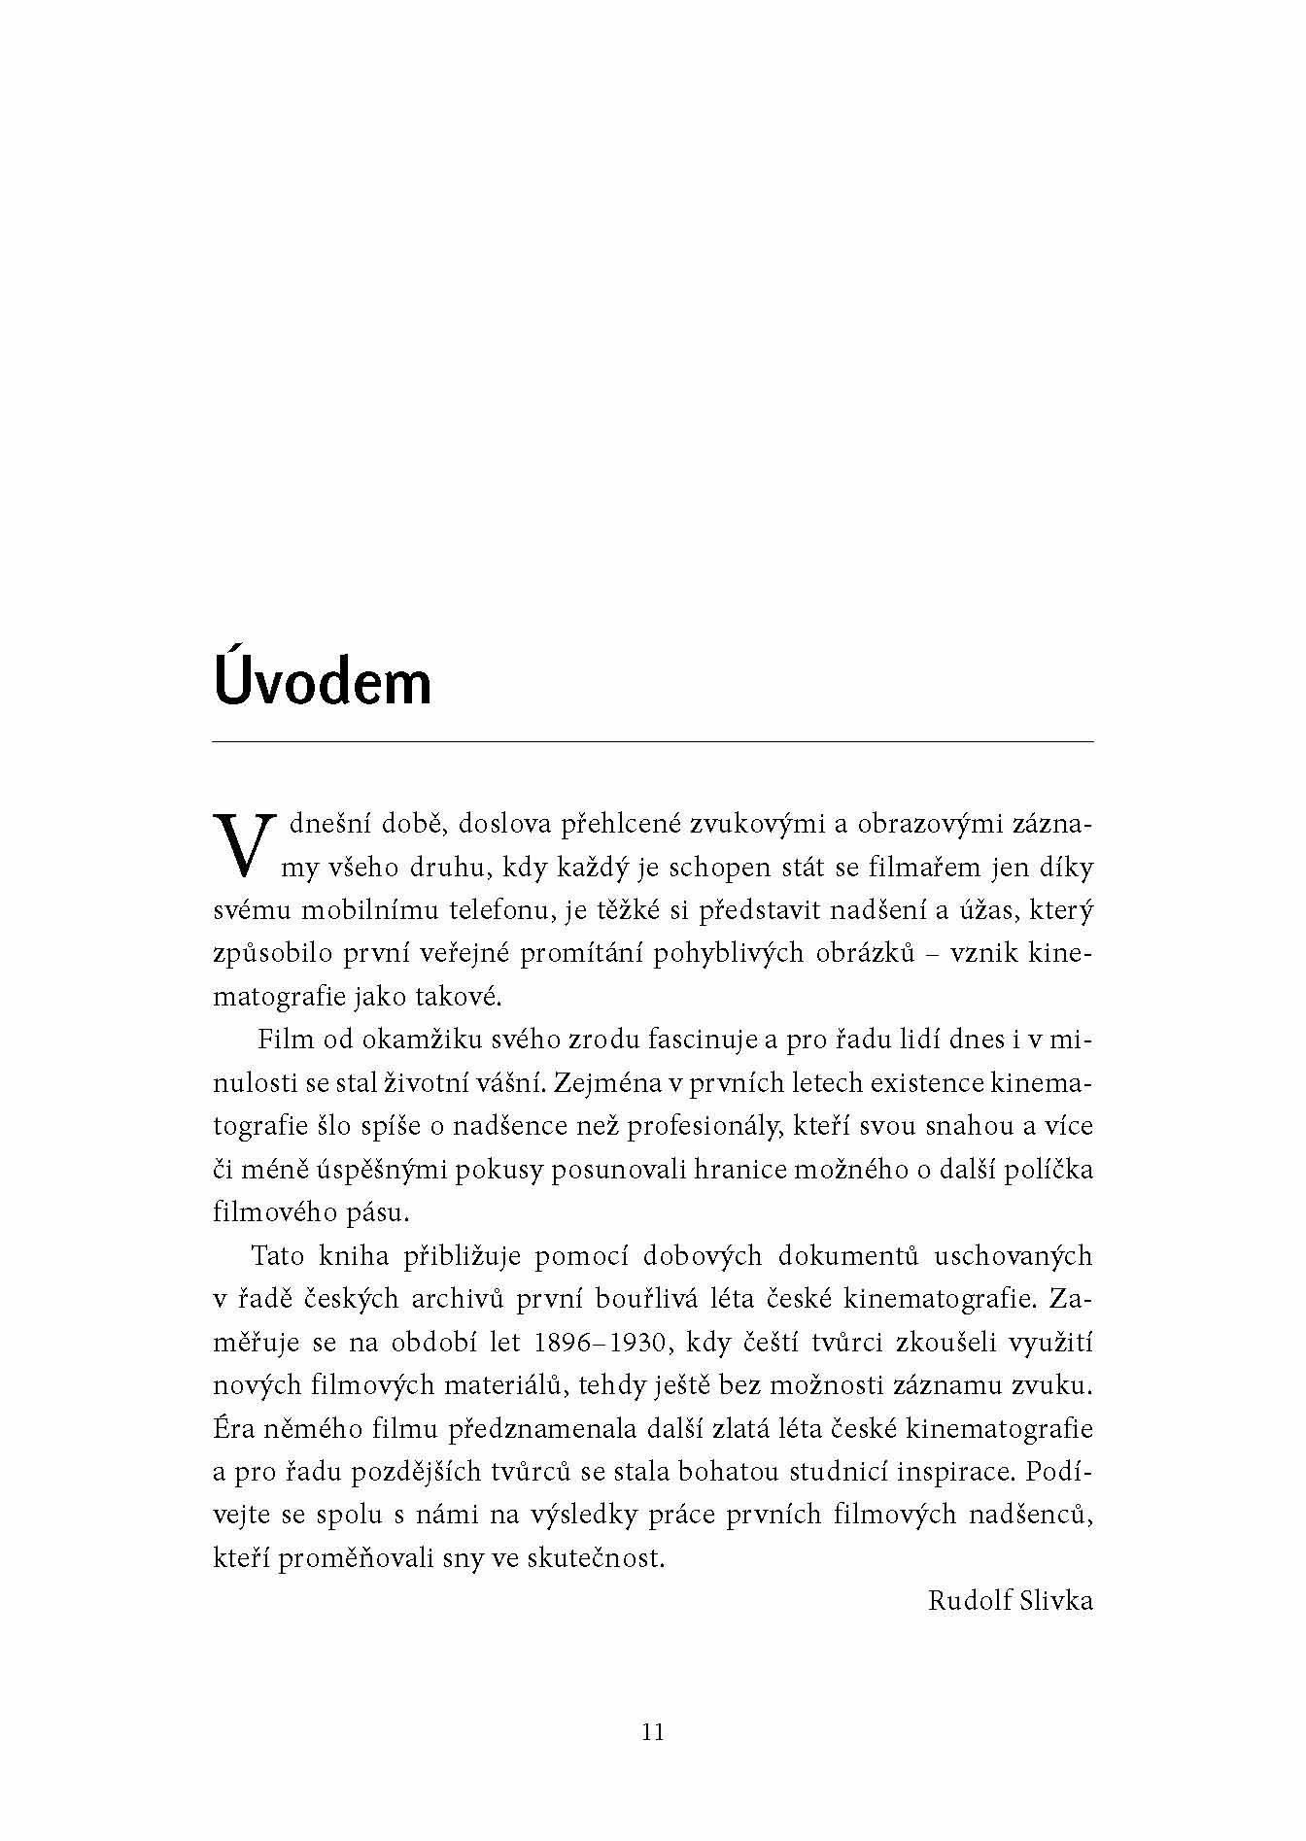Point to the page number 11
[x=653, y=1731]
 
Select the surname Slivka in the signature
[x=1056, y=1600]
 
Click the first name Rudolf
[x=969, y=1600]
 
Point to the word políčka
[x=1051, y=1169]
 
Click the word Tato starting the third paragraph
[x=279, y=1256]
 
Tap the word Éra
[x=231, y=1428]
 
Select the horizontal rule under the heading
[x=653, y=742]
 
